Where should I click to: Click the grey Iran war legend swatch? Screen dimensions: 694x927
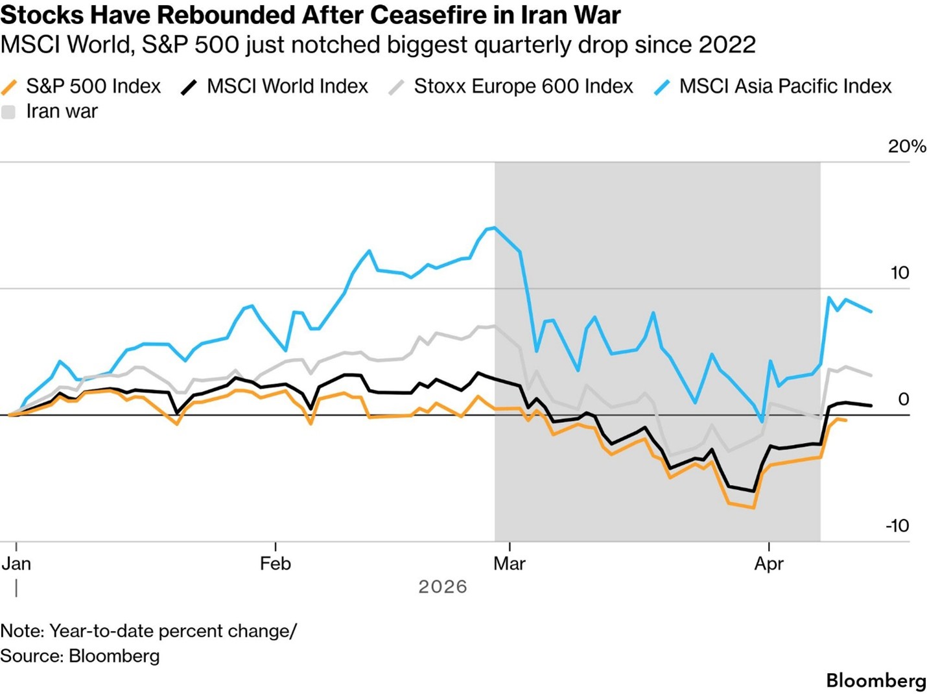(8, 112)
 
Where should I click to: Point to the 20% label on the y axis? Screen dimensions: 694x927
(906, 147)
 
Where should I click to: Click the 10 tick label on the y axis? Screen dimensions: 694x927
(900, 273)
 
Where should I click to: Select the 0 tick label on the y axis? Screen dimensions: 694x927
(904, 400)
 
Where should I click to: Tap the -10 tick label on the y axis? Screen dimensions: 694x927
(897, 526)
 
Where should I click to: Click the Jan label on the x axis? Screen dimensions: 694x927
(16, 564)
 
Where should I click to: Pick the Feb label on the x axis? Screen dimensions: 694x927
(276, 564)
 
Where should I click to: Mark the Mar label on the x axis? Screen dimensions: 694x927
(510, 564)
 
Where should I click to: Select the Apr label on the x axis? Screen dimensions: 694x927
(769, 564)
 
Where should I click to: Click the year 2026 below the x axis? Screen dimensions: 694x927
(443, 587)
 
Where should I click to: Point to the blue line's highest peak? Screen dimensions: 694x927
(495, 228)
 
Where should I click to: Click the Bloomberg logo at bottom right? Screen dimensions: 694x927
(876, 680)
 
